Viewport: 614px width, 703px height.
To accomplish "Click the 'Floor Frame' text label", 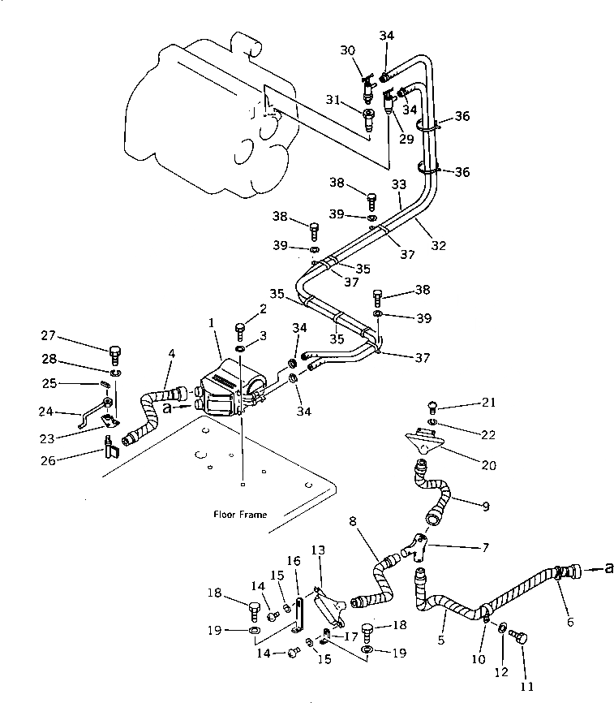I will [240, 514].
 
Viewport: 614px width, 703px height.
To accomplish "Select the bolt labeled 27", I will [114, 353].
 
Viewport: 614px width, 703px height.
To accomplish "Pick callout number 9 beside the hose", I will [486, 507].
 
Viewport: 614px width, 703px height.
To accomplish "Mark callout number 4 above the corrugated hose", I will [171, 354].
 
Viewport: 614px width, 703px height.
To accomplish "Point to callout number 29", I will [406, 139].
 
